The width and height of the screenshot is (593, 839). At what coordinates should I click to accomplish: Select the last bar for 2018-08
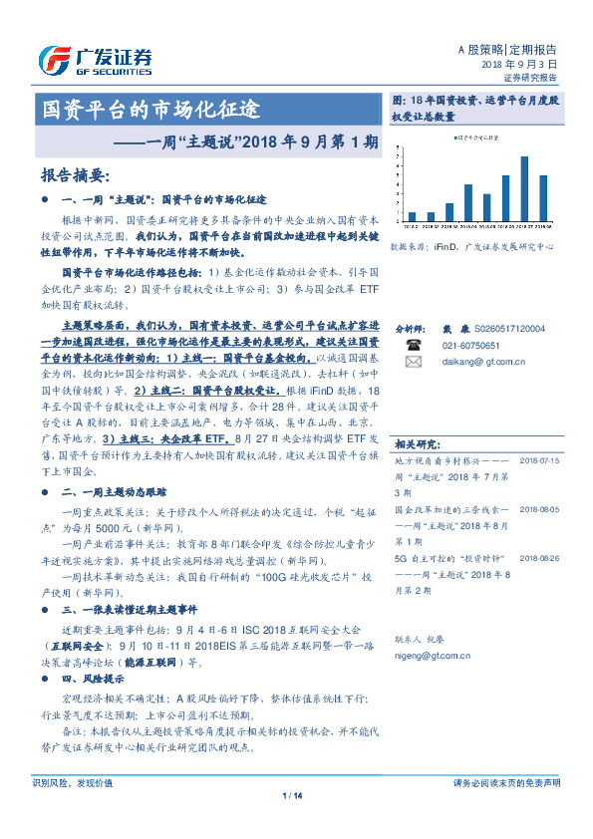[543, 197]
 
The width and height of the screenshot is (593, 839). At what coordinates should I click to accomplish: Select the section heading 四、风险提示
[97, 678]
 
